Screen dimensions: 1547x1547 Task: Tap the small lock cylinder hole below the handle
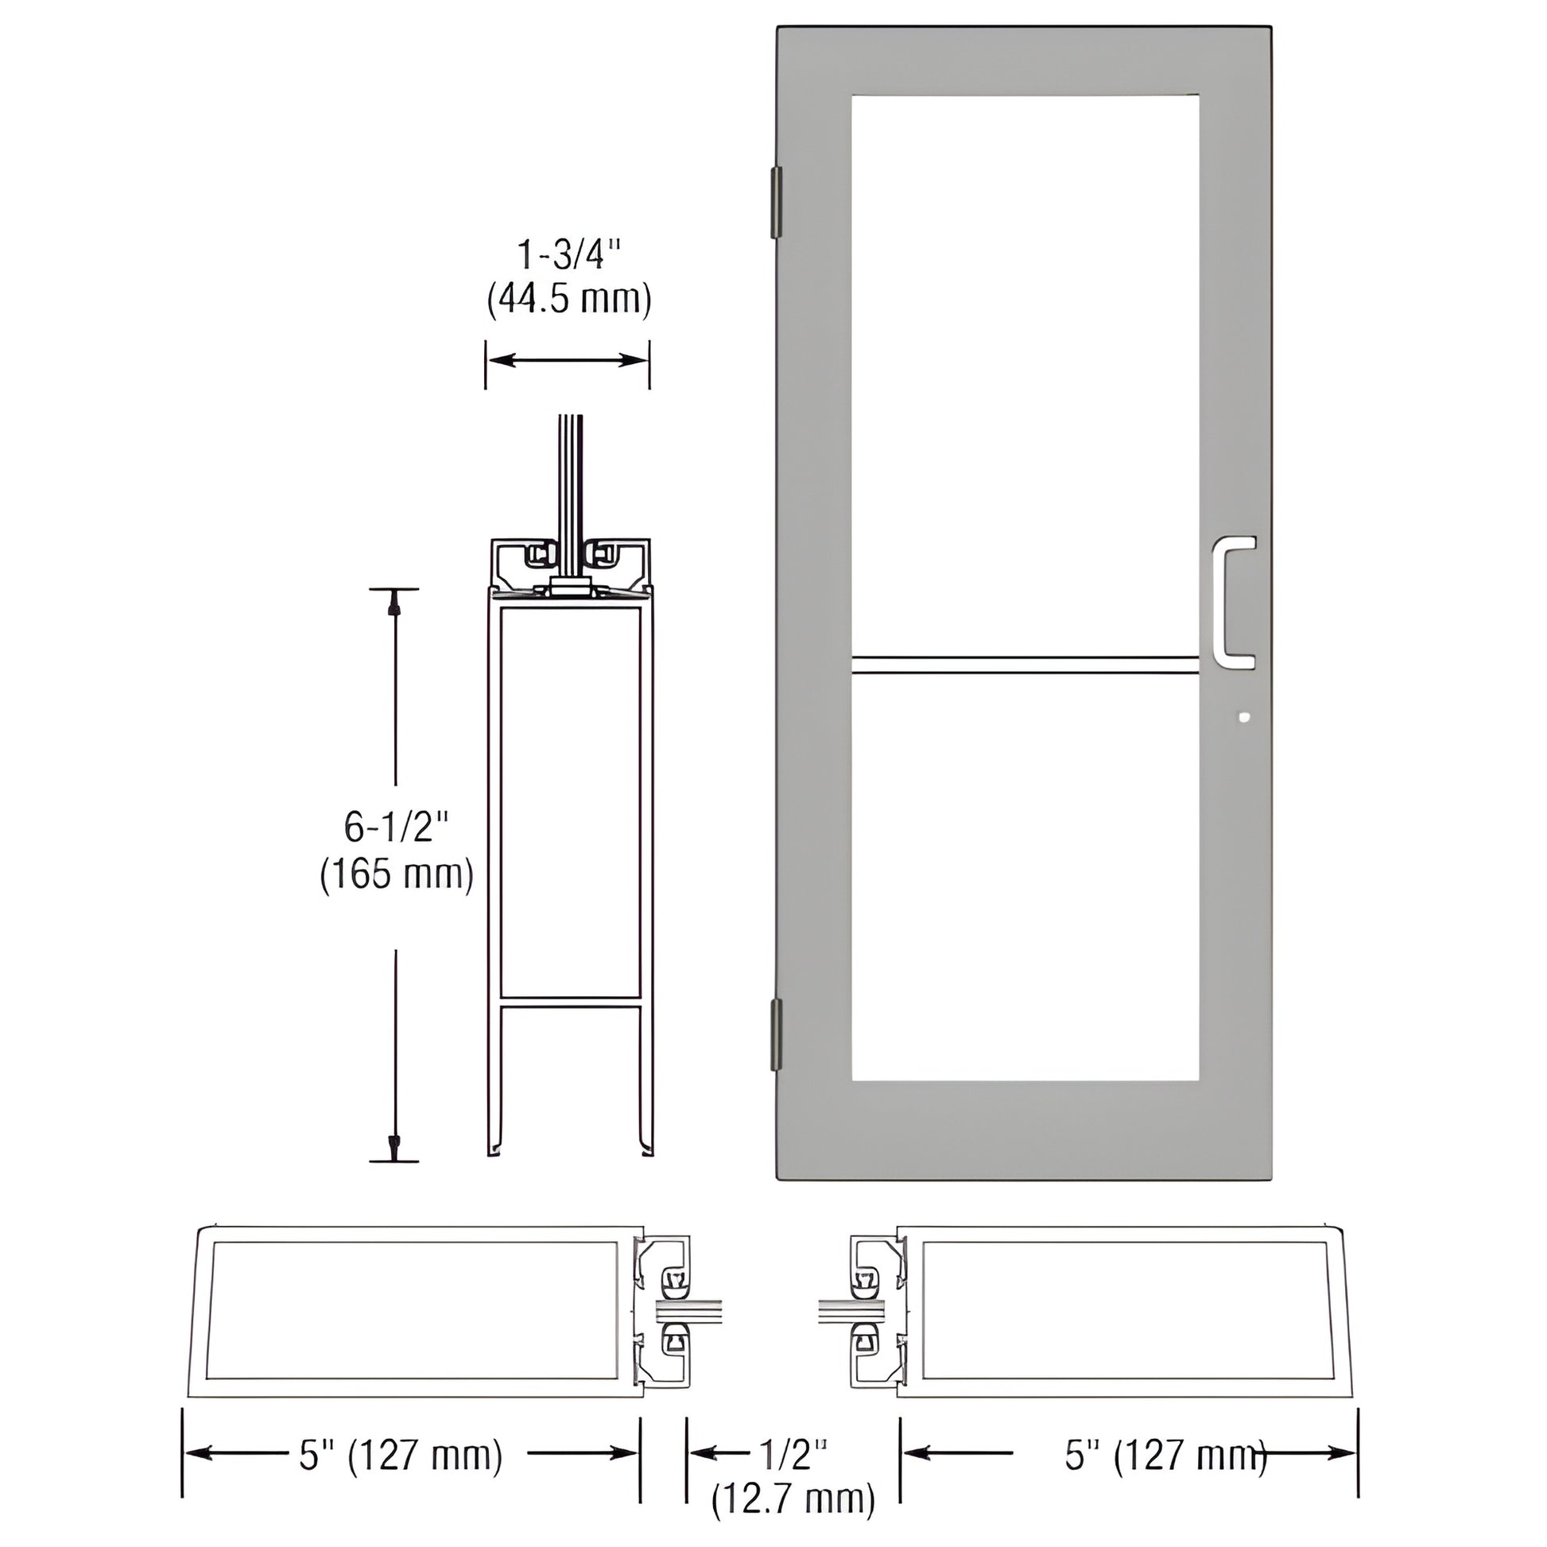[1243, 717]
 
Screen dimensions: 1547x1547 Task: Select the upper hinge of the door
[775, 203]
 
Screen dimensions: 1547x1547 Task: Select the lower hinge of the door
[775, 1033]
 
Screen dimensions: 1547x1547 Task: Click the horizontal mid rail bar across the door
[1025, 665]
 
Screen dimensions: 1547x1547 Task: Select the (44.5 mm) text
[568, 300]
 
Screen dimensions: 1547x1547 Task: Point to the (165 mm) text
[397, 874]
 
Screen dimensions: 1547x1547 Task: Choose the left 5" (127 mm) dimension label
[401, 1454]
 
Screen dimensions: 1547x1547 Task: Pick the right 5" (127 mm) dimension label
[1165, 1454]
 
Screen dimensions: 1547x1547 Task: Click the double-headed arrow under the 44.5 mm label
[567, 360]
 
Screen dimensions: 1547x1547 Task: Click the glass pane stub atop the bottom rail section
[569, 496]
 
